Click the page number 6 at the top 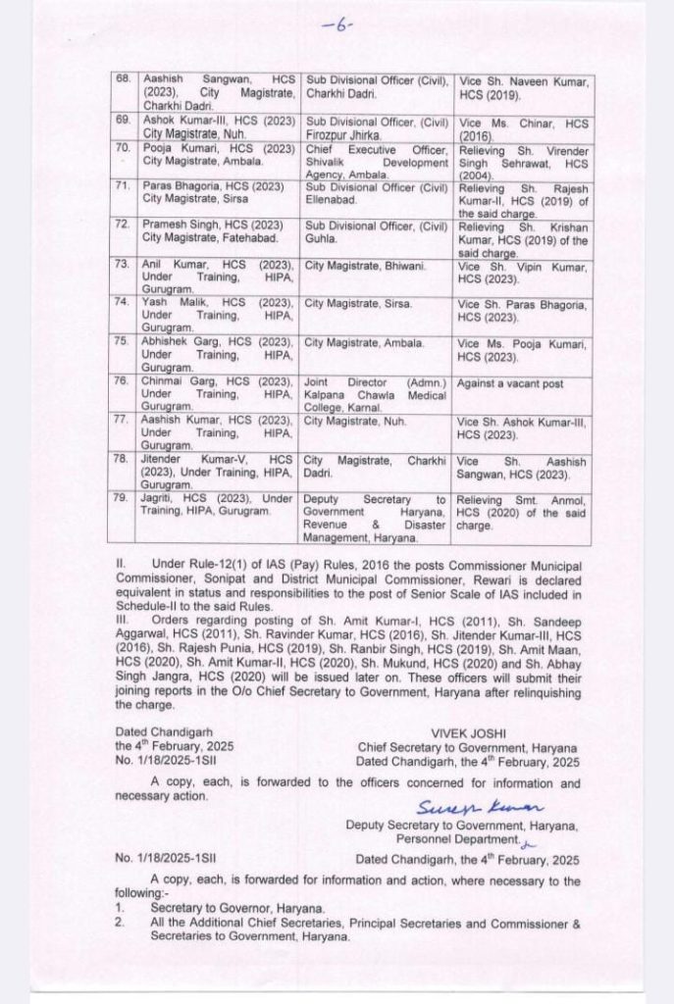tap(337, 25)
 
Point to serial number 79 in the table tap(123, 498)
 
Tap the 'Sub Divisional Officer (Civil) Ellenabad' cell tap(375, 189)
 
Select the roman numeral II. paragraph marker tap(121, 567)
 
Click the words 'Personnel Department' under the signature tap(454, 839)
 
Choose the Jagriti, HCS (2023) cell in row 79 tap(216, 505)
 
